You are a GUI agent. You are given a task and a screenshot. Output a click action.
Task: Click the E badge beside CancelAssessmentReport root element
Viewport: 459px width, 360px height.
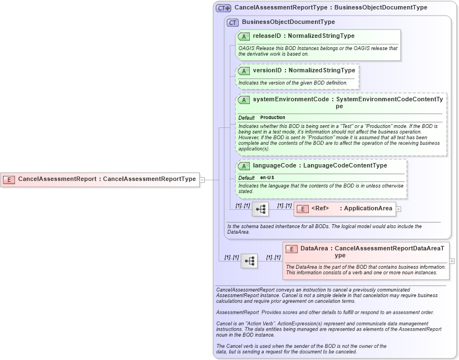9,179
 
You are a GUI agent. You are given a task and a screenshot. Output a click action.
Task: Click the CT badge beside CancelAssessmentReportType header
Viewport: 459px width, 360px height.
223,8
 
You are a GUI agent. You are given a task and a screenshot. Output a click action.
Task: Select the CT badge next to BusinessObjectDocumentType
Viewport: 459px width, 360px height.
233,22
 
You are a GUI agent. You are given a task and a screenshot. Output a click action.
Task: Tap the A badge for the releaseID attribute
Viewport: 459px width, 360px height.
244,36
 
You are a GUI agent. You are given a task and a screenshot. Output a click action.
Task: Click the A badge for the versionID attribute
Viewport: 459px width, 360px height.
244,71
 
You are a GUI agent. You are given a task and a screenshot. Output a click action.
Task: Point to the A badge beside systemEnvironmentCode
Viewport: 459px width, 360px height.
244,100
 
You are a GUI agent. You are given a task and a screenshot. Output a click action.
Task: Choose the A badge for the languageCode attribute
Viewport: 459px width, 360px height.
244,166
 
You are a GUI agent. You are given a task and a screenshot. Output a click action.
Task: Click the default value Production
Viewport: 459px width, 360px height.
273,117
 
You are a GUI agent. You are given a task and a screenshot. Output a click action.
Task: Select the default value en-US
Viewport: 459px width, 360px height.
267,177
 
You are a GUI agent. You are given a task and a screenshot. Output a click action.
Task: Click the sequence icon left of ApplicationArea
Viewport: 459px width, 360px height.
260,209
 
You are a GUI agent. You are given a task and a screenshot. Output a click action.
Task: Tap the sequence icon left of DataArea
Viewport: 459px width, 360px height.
249,260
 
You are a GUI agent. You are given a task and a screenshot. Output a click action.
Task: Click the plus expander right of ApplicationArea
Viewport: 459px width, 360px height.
398,209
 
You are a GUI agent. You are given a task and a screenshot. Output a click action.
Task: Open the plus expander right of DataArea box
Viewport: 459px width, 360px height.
452,260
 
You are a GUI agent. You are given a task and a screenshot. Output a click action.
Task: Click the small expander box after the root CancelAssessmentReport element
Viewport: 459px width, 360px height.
203,179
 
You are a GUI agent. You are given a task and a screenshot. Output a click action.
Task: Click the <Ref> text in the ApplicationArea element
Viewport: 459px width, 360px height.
320,209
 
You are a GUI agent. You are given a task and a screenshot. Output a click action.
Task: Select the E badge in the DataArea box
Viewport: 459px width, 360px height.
292,249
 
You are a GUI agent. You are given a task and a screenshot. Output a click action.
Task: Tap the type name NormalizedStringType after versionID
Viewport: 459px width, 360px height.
322,71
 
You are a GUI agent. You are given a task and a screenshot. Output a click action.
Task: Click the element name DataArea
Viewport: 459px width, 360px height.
314,249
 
